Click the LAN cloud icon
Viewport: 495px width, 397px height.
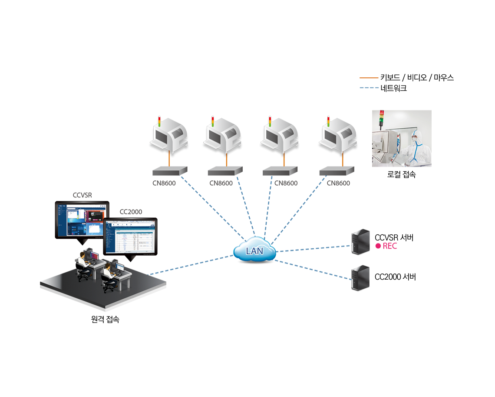pos(254,249)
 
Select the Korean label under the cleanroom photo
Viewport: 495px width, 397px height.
pos(402,175)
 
